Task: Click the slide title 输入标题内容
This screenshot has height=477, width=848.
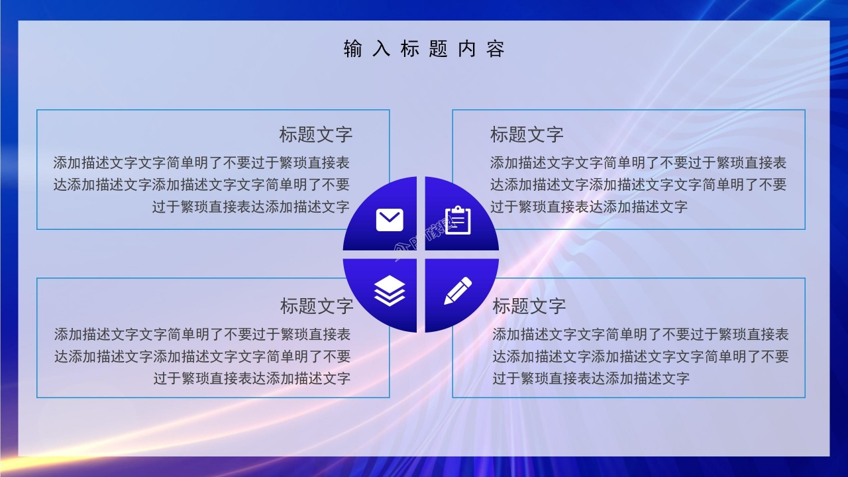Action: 424,49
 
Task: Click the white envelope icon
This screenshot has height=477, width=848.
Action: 390,219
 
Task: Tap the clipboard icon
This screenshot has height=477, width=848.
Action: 458,220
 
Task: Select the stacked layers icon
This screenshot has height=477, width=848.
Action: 390,291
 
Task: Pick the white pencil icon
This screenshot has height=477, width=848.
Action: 458,291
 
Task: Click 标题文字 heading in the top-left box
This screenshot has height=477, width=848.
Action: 315,134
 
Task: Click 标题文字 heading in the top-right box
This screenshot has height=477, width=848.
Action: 527,134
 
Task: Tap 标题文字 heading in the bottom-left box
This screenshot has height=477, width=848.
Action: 317,306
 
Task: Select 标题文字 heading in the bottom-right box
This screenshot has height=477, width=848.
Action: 529,306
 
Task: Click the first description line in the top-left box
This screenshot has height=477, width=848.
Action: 201,163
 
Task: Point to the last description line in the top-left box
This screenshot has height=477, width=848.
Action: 250,207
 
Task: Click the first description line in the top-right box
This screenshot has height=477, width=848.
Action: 638,163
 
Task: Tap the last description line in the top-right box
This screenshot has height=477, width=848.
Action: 589,207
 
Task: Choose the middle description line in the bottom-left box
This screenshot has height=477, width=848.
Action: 202,356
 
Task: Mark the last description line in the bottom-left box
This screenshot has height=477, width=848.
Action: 252,378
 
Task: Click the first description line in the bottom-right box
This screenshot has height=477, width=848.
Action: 640,335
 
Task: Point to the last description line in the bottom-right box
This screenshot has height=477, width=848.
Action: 591,378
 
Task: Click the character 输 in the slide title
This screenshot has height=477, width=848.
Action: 353,49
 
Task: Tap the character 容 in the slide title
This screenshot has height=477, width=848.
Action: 495,49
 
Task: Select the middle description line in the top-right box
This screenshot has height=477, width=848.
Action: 638,185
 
